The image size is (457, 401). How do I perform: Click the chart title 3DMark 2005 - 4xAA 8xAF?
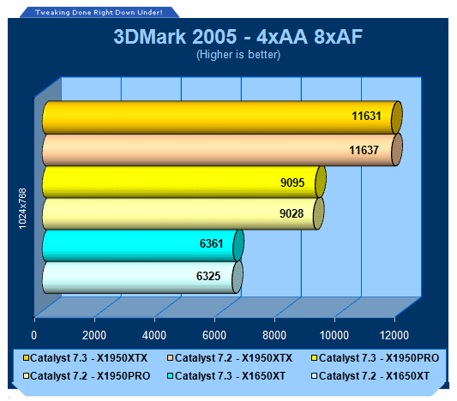[x=238, y=37]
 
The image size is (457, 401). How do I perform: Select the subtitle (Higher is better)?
[x=238, y=55]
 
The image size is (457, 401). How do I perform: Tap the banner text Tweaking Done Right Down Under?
[x=99, y=13]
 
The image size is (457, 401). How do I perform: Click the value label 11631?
[x=366, y=116]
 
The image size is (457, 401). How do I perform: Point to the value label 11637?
[x=364, y=150]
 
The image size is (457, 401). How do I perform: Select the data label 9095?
[x=292, y=183]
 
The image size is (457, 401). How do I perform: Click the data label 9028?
[x=292, y=213]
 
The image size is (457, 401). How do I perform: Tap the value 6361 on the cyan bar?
[x=211, y=243]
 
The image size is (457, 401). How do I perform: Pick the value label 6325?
[x=208, y=276]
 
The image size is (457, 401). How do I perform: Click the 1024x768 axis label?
[x=22, y=208]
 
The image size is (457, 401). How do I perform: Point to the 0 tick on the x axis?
[x=34, y=335]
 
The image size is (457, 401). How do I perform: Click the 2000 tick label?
[x=94, y=335]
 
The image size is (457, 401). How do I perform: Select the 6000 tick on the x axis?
[x=214, y=335]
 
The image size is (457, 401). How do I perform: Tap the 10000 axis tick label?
[x=334, y=335]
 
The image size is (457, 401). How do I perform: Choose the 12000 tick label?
[x=394, y=335]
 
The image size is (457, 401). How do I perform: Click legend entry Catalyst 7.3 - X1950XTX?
[x=86, y=358]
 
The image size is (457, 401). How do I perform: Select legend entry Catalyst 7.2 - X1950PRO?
[x=87, y=376]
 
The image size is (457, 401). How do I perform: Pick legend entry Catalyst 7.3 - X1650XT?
[x=226, y=376]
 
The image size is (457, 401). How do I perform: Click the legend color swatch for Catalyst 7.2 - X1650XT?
[x=314, y=376]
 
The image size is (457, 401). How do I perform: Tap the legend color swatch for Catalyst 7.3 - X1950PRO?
[x=314, y=358]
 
